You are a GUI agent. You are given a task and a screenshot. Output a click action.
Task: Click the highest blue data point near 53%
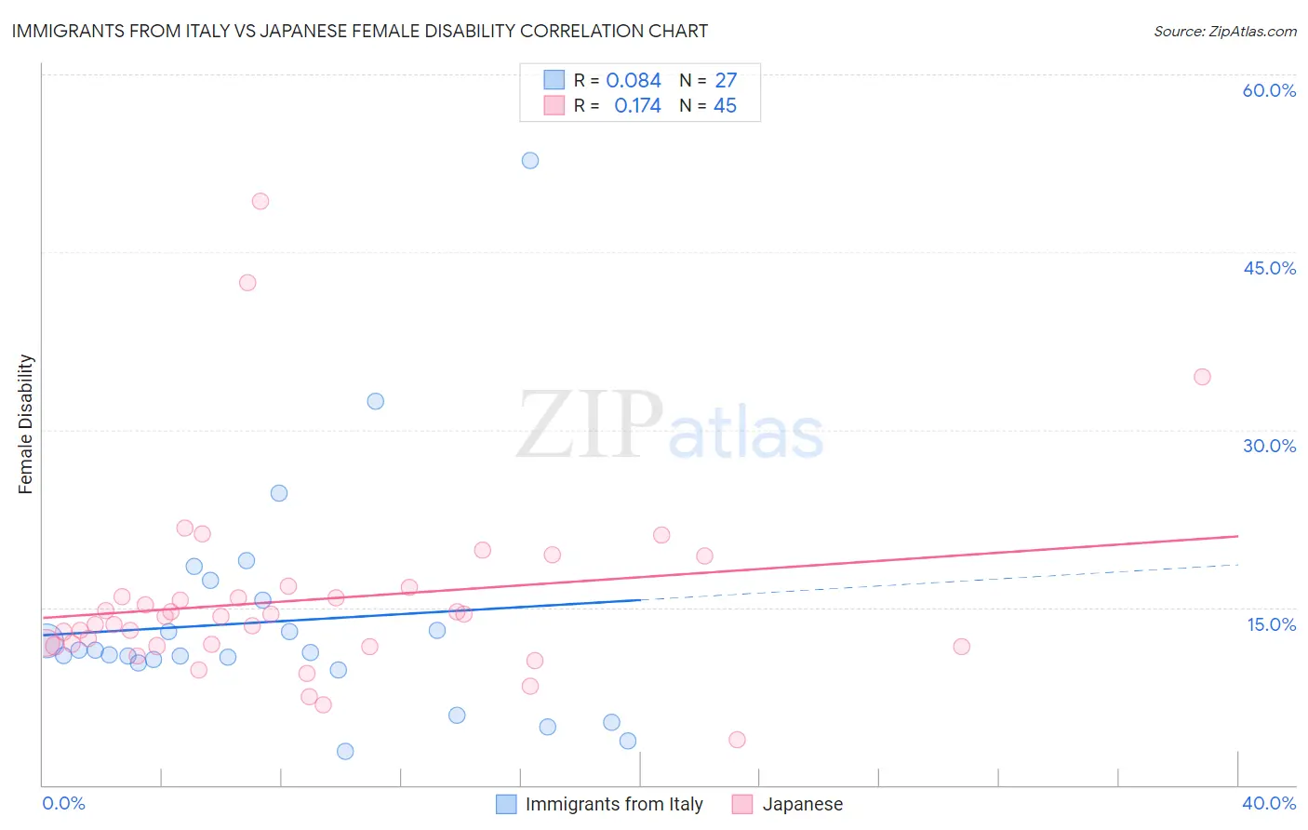pyautogui.click(x=530, y=160)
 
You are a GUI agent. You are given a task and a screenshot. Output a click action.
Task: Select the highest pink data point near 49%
pyautogui.click(x=260, y=201)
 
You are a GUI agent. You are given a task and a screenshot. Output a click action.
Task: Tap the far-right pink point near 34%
pyautogui.click(x=1202, y=377)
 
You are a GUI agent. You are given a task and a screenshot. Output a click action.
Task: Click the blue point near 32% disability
pyautogui.click(x=376, y=401)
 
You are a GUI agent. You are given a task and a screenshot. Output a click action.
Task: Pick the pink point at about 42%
pyautogui.click(x=247, y=283)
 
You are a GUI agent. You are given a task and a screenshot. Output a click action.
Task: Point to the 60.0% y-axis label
pyautogui.click(x=1269, y=90)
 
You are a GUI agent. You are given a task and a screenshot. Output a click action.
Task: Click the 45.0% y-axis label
pyautogui.click(x=1269, y=268)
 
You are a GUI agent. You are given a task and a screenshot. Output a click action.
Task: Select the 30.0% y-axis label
pyautogui.click(x=1269, y=446)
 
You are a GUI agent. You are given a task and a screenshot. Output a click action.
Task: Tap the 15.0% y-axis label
pyautogui.click(x=1271, y=624)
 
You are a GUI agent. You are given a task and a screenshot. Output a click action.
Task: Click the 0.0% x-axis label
pyautogui.click(x=63, y=803)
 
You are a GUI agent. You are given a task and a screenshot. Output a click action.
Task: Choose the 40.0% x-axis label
pyautogui.click(x=1268, y=803)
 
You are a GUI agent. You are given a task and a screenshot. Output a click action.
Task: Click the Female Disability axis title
pyautogui.click(x=26, y=423)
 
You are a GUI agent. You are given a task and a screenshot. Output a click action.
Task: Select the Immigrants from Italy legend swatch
pyautogui.click(x=506, y=804)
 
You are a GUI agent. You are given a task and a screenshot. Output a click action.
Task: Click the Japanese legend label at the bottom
pyautogui.click(x=802, y=804)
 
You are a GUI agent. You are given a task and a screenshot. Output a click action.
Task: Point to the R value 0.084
pyautogui.click(x=634, y=81)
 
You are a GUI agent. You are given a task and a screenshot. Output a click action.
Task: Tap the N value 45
pyautogui.click(x=725, y=106)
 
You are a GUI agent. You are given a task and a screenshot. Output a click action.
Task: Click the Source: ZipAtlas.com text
pyautogui.click(x=1224, y=32)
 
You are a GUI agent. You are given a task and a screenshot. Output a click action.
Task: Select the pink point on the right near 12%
pyautogui.click(x=962, y=647)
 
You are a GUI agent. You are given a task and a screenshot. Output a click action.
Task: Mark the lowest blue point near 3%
pyautogui.click(x=345, y=751)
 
